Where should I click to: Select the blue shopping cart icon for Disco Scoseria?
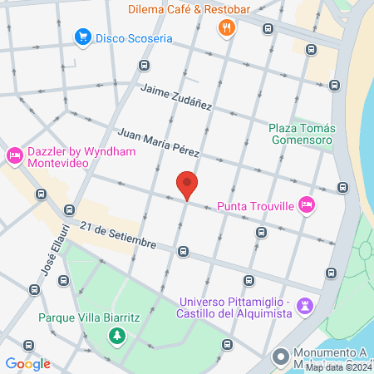(x=82, y=37)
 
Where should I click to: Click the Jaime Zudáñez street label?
(x=176, y=97)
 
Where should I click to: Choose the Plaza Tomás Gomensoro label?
(x=301, y=134)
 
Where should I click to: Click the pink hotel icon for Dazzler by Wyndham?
(x=14, y=155)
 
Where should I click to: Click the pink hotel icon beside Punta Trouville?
(x=307, y=204)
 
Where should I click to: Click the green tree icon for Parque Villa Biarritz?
(x=117, y=337)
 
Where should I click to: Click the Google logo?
(x=27, y=364)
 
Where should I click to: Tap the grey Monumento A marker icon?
(x=280, y=357)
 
